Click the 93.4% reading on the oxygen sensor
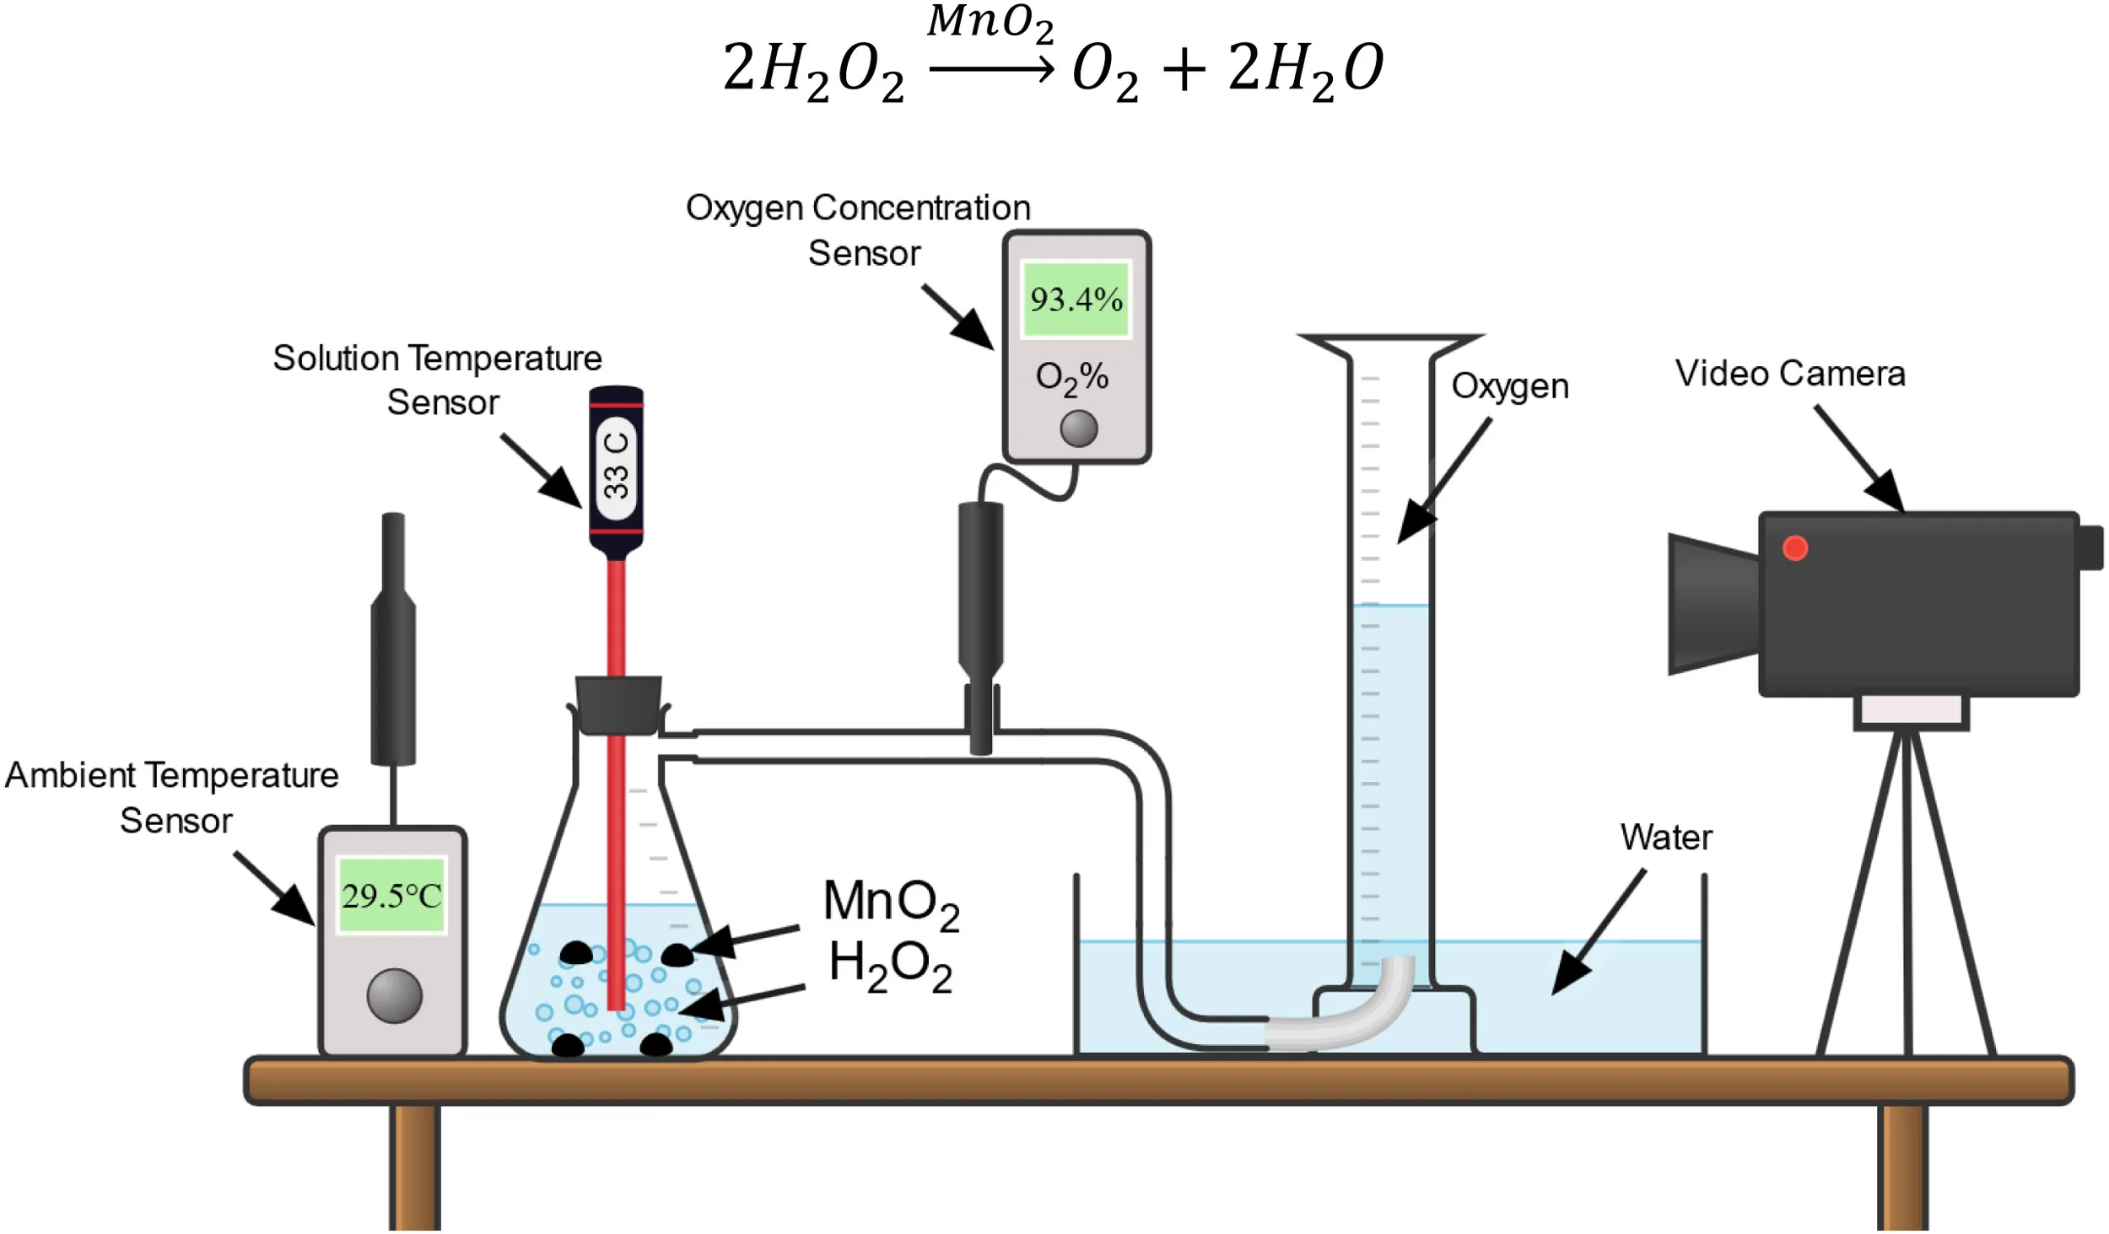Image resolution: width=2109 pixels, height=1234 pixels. coord(1076,299)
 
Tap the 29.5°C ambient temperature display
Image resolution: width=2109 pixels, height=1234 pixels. coord(391,896)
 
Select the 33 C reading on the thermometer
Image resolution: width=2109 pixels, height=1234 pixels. coord(617,466)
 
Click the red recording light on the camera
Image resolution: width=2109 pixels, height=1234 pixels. coord(1795,548)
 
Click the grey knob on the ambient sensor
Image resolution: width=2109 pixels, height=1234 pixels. coord(394,995)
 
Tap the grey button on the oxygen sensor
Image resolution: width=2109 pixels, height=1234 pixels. coord(1078,428)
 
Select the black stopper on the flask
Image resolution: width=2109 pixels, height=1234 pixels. coord(618,705)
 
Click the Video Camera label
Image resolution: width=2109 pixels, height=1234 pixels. coord(1790,374)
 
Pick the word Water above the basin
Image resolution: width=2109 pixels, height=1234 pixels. coord(1666,838)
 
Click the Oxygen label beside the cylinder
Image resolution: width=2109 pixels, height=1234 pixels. coord(1510,387)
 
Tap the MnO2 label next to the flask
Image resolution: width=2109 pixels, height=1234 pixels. coord(891,903)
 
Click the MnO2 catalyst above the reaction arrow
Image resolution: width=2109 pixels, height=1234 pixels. coord(990,24)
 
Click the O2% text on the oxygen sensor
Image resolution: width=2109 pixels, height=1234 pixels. coord(1071,378)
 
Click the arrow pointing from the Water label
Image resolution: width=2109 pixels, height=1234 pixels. coord(1599,932)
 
